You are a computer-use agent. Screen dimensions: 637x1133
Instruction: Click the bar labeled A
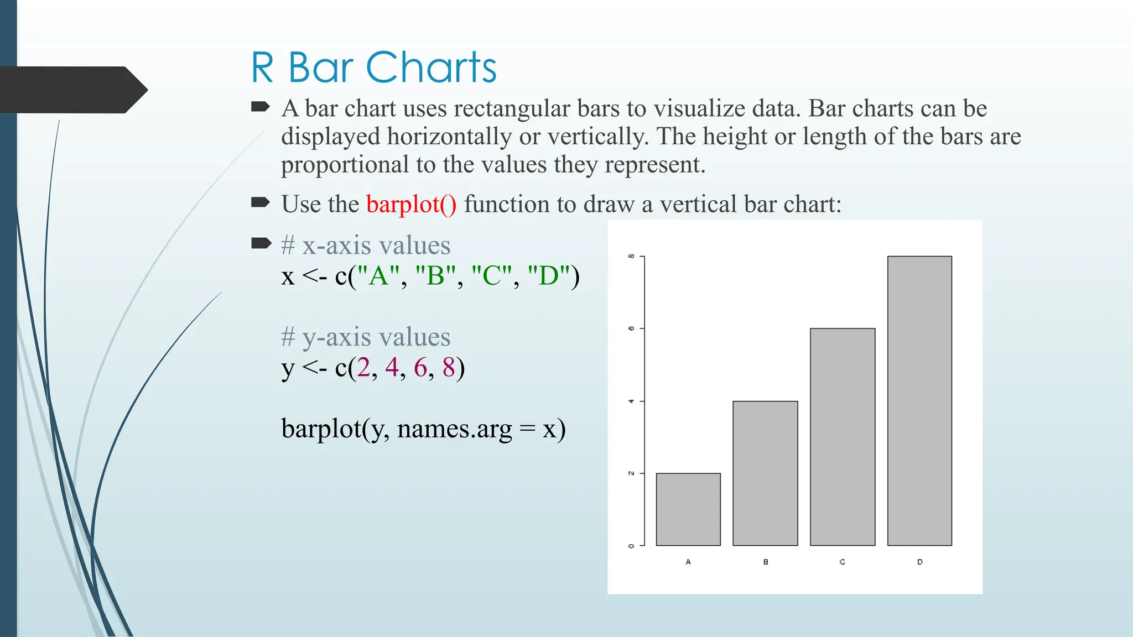pos(688,509)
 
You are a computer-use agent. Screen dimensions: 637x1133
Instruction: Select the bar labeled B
pos(765,473)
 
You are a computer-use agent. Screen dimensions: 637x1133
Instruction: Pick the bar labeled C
pos(843,437)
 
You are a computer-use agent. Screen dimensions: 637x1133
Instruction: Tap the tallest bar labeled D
pos(919,401)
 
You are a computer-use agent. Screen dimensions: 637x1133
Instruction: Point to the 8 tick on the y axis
pos(631,257)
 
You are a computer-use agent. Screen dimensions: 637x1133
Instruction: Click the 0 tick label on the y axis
pos(631,546)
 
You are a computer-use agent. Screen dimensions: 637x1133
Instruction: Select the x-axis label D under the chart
pos(919,562)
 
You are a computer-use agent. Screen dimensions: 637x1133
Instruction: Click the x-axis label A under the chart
pos(688,562)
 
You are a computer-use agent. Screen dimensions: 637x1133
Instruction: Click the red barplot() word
pos(411,204)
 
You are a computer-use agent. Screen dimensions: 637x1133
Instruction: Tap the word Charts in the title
pos(431,68)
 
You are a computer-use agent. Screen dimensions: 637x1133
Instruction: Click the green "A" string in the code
pos(378,275)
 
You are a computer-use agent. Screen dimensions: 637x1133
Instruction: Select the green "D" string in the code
pos(549,275)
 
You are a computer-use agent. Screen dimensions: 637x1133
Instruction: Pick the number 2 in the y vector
pos(363,367)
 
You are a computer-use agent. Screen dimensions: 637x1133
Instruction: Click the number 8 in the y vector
pos(448,367)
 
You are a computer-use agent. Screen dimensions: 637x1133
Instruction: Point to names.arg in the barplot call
pos(455,429)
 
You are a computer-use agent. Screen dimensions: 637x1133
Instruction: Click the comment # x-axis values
pos(366,245)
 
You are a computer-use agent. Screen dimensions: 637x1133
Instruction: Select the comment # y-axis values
pos(366,337)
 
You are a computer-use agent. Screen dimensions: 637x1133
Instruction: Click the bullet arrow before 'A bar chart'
pos(261,107)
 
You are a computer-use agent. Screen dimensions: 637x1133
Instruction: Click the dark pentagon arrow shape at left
pos(72,90)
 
